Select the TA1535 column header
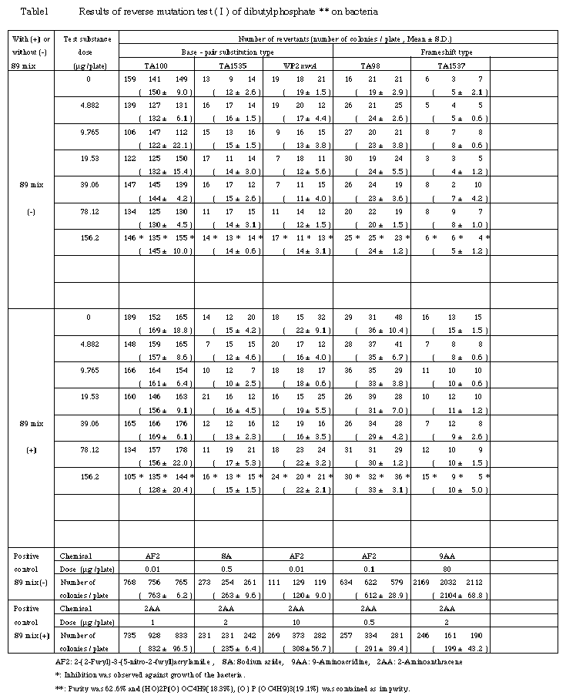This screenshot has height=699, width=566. pyautogui.click(x=229, y=66)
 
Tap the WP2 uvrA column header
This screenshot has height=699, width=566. pyautogui.click(x=298, y=66)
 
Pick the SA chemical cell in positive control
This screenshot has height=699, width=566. pyautogui.click(x=229, y=555)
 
